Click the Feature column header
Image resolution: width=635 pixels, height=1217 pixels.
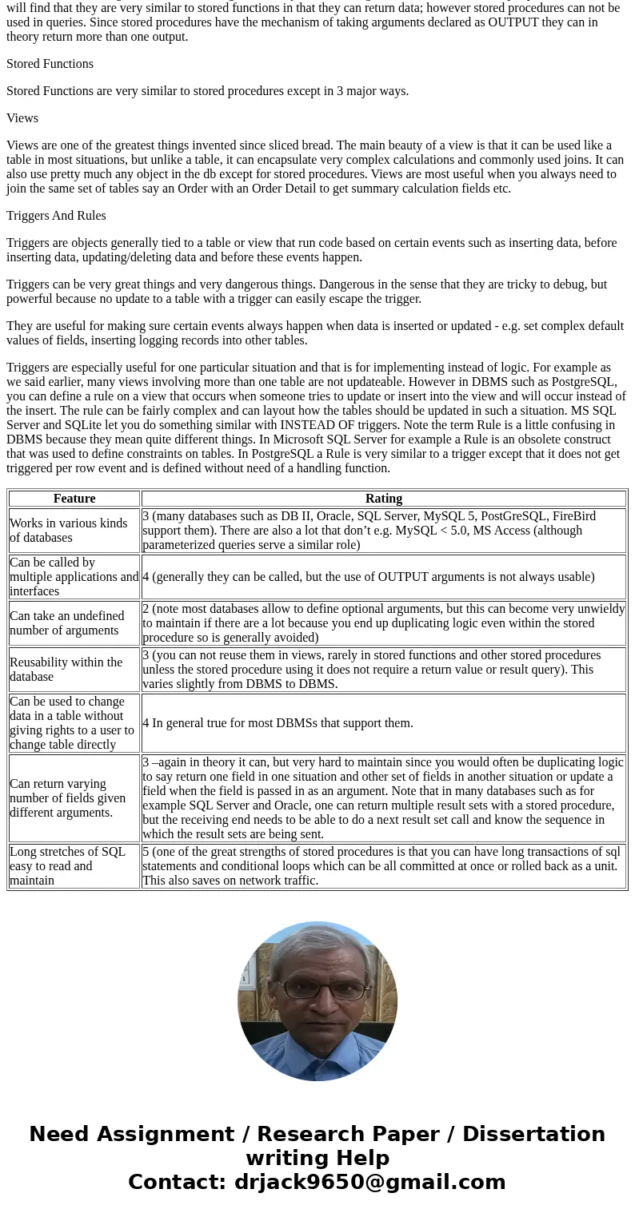74,499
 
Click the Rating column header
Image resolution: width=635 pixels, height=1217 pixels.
383,499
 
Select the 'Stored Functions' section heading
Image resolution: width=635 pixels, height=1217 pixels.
50,64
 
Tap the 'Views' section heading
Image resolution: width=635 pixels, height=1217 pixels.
22,118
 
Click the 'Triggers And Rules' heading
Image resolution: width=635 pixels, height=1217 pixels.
56,216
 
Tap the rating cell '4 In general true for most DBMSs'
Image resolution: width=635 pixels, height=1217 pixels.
278,723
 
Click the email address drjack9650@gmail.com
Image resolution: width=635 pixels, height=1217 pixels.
369,1182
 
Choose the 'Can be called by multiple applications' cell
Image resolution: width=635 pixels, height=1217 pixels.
74,577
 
